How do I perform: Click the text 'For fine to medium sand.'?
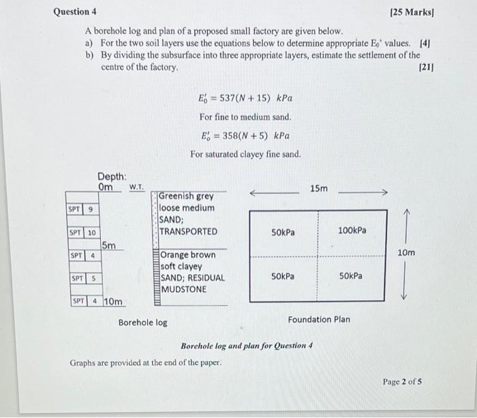click(245, 117)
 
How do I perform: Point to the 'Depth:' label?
click(112, 175)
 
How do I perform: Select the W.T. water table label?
click(136, 186)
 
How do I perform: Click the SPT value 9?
click(91, 209)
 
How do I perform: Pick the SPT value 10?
click(91, 233)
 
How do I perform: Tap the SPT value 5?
click(93, 278)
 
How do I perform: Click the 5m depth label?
click(109, 245)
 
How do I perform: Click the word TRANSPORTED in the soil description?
click(188, 231)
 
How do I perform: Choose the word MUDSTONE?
click(183, 289)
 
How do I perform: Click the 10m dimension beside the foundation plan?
click(406, 253)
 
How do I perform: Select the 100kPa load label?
click(352, 230)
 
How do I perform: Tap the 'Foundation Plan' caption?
click(319, 319)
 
